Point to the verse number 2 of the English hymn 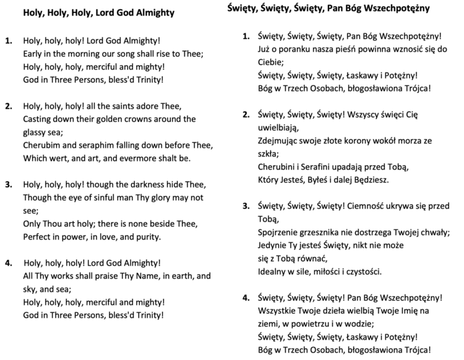click(8, 106)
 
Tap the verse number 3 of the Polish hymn click(245, 205)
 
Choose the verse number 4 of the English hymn click(8, 262)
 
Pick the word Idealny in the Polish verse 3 click(273, 272)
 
